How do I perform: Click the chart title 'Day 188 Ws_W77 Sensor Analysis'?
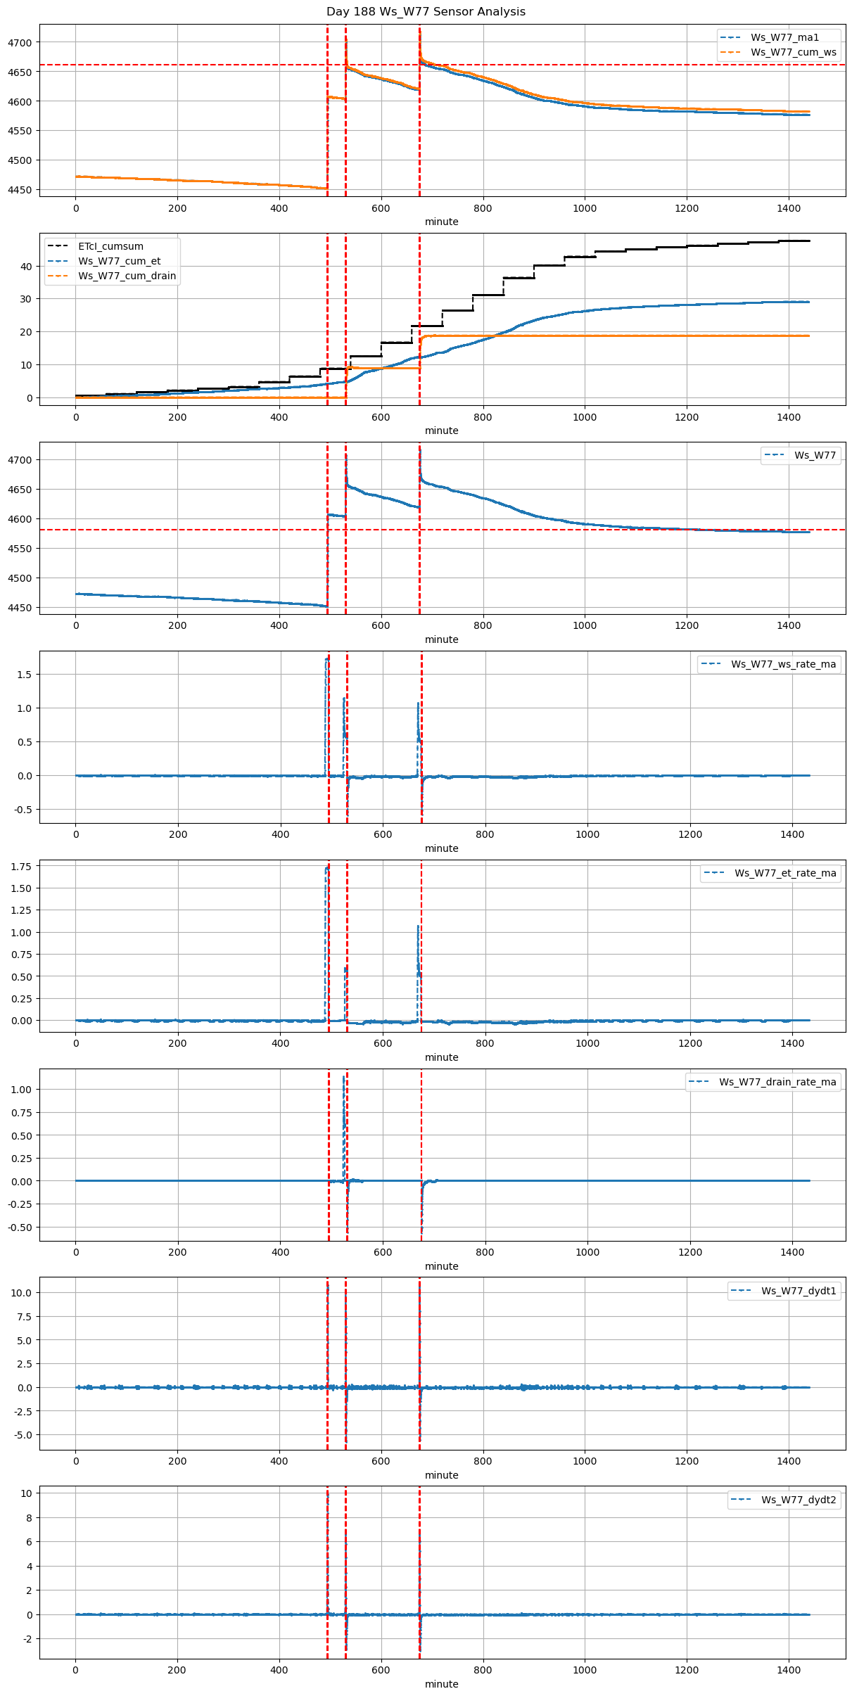tap(426, 12)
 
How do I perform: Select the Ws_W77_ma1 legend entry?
tap(784, 37)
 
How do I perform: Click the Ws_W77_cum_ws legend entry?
tap(793, 52)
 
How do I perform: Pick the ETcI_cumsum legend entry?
tap(110, 246)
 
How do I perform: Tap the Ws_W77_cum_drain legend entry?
tap(127, 276)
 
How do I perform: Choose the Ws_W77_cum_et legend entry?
tap(119, 261)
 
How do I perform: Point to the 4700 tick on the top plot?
tap(20, 43)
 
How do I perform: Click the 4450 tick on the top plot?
tap(20, 190)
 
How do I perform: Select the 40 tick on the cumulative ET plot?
tap(26, 267)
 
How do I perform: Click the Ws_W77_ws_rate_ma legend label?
tap(783, 664)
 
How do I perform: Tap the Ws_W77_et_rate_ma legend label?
tap(785, 873)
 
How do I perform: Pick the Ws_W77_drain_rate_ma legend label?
tap(777, 1082)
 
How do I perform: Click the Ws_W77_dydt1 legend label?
tap(799, 1291)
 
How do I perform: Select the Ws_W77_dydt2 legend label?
tap(799, 1500)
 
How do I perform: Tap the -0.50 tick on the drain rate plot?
tap(20, 1228)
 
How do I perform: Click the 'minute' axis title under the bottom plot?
tap(441, 1684)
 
